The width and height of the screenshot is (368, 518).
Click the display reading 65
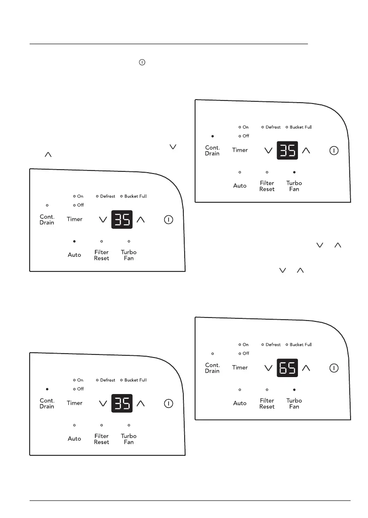tap(287, 368)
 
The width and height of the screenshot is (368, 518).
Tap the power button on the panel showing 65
tap(334, 368)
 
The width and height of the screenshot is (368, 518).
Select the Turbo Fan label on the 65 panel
tap(294, 404)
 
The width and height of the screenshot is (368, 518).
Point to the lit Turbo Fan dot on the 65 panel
tap(294, 390)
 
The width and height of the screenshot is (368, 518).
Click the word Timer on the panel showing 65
tap(240, 368)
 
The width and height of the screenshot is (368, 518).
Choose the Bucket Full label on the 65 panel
tap(300, 344)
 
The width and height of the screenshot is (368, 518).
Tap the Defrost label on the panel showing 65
tap(273, 344)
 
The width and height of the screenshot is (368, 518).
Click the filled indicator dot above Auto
tap(74, 241)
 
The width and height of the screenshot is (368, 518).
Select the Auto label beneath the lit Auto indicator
tap(74, 255)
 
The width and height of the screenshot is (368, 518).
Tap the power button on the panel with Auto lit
tap(168, 220)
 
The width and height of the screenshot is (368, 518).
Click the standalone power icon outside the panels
tap(141, 62)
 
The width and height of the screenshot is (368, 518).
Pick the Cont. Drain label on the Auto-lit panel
tap(47, 220)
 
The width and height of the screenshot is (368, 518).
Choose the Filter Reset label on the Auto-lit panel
tap(101, 255)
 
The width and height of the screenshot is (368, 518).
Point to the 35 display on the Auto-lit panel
tap(122, 220)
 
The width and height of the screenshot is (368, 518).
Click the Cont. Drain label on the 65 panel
tap(213, 368)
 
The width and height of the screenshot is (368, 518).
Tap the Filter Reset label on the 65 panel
tap(267, 404)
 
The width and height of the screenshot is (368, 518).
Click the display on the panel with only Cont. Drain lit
tap(122, 403)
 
